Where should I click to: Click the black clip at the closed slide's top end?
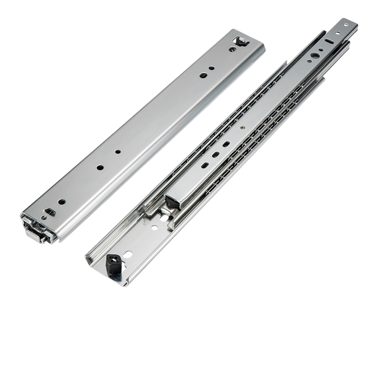click(241, 43)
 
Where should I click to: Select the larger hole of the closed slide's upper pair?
click(203, 75)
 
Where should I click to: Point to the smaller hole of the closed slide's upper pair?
click(211, 68)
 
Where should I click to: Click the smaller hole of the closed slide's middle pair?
click(118, 151)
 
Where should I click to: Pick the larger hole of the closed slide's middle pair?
click(100, 167)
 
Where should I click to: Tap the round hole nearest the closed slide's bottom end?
click(61, 201)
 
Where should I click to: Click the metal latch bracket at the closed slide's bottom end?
click(37, 229)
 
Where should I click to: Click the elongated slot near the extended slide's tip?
click(329, 41)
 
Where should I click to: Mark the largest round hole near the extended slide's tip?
click(315, 55)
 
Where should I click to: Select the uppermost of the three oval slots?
click(226, 144)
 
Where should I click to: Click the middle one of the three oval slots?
click(216, 155)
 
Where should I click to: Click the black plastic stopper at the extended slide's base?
click(113, 265)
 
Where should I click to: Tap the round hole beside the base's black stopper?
click(128, 254)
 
